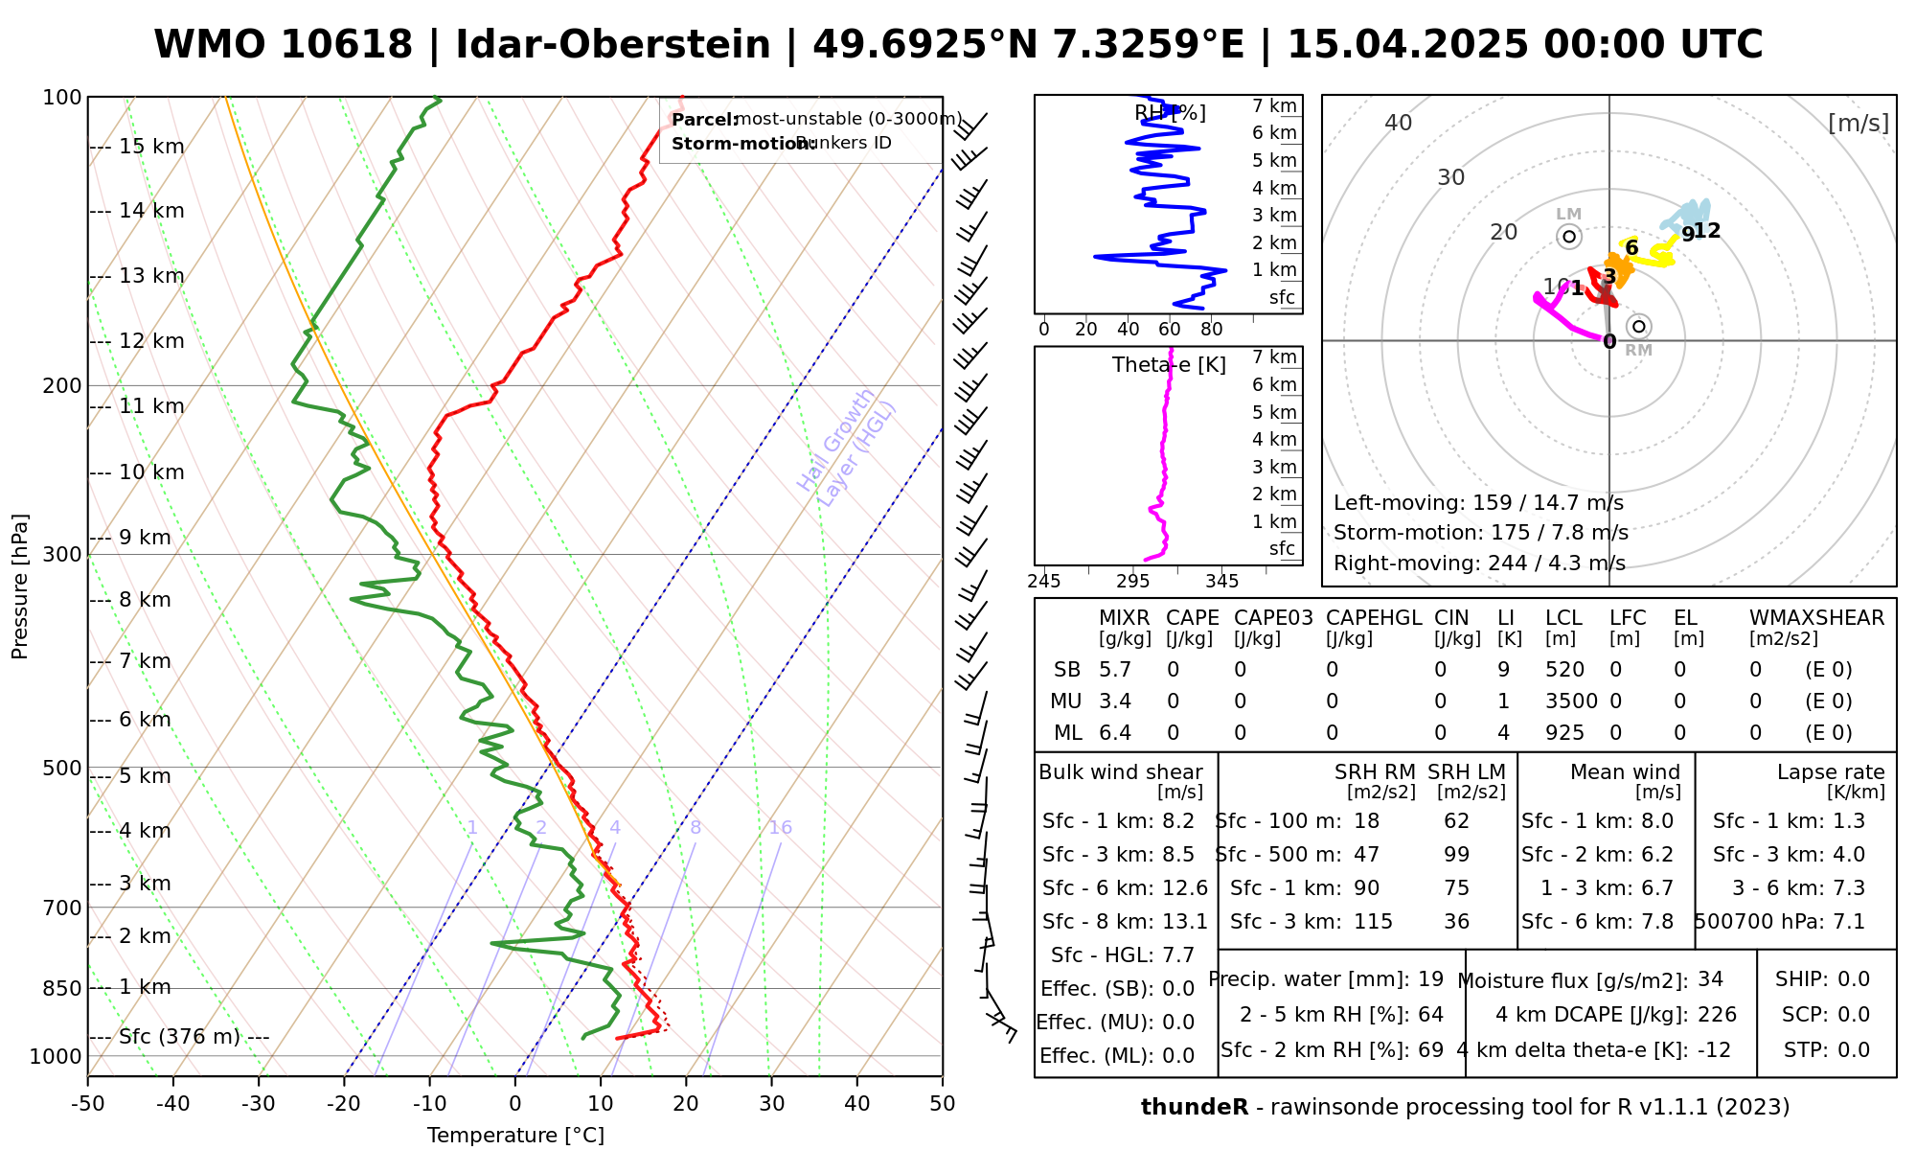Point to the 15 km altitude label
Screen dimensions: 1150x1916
tap(151, 147)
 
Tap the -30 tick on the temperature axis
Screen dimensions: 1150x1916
tap(259, 1104)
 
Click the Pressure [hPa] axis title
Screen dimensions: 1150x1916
tap(20, 586)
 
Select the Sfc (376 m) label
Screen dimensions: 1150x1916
tap(179, 1037)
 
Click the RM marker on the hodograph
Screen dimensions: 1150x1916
tap(1639, 327)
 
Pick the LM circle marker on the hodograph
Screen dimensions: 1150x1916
tap(1569, 237)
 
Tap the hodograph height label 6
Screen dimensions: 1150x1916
tap(1632, 248)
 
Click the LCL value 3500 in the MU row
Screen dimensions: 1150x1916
tap(1571, 701)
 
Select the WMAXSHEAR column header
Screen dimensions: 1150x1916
tap(1816, 618)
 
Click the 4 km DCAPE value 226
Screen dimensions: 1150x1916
tap(1717, 1015)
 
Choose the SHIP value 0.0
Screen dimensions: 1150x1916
tap(1854, 979)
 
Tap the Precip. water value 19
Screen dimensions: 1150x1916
tap(1430, 979)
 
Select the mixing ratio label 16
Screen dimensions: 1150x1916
tap(781, 828)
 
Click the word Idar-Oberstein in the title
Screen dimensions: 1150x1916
tap(613, 45)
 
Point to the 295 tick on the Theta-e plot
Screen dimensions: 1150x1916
tap(1132, 581)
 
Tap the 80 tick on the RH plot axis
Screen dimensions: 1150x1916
tap(1212, 330)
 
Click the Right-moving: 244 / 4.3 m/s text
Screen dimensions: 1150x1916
tap(1479, 563)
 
